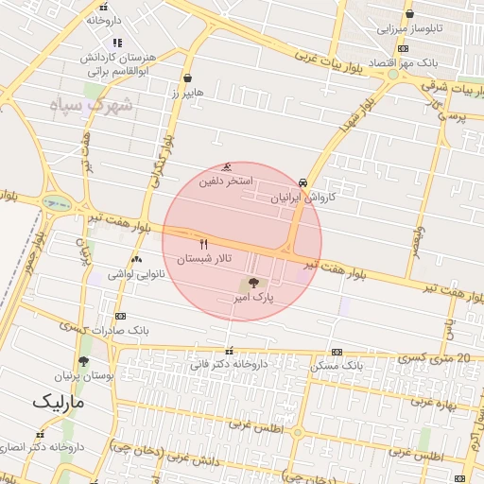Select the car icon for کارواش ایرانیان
(x=302, y=182)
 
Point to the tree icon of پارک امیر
(x=252, y=284)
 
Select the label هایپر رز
(x=187, y=93)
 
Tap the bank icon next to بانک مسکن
(x=337, y=352)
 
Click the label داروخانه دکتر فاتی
(x=229, y=364)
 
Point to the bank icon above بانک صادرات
(x=120, y=317)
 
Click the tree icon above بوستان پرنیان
(x=84, y=361)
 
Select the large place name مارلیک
(x=58, y=402)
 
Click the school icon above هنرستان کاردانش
(x=117, y=43)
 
